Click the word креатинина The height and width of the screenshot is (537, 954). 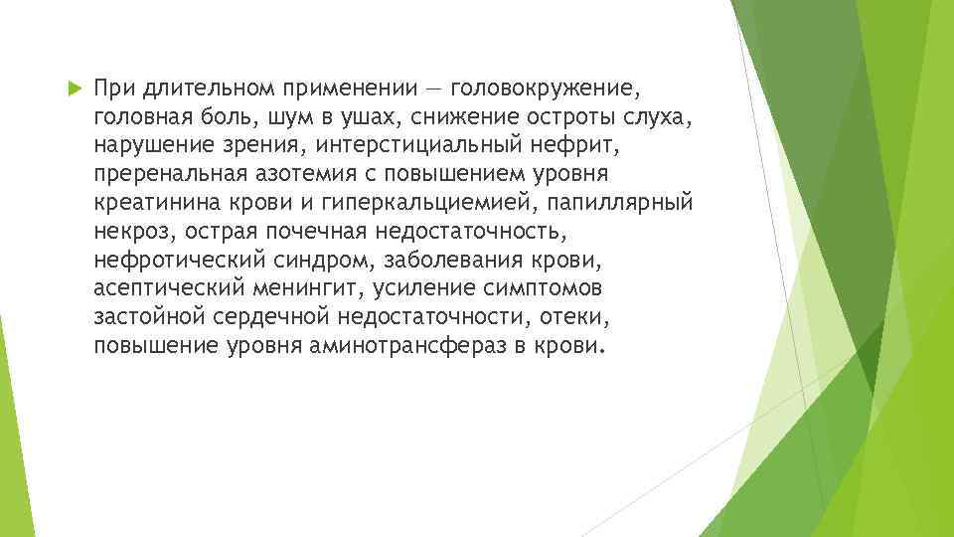point(159,204)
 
